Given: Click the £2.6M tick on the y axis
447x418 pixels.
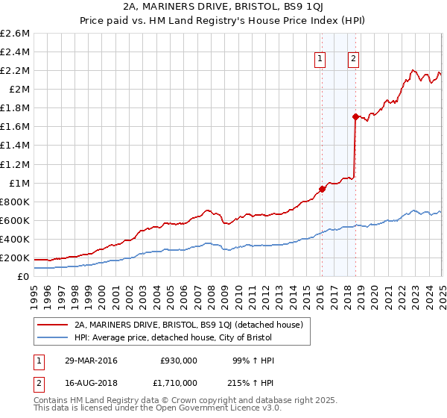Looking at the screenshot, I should (x=16, y=34).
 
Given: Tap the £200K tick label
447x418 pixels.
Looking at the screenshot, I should (x=15, y=258).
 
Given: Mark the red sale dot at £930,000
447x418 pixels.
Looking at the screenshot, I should (x=322, y=189).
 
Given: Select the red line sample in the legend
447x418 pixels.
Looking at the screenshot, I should (x=54, y=325).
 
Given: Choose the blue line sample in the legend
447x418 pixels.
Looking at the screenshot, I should (x=54, y=338).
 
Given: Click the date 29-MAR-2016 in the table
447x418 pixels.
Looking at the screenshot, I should (x=92, y=360).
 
